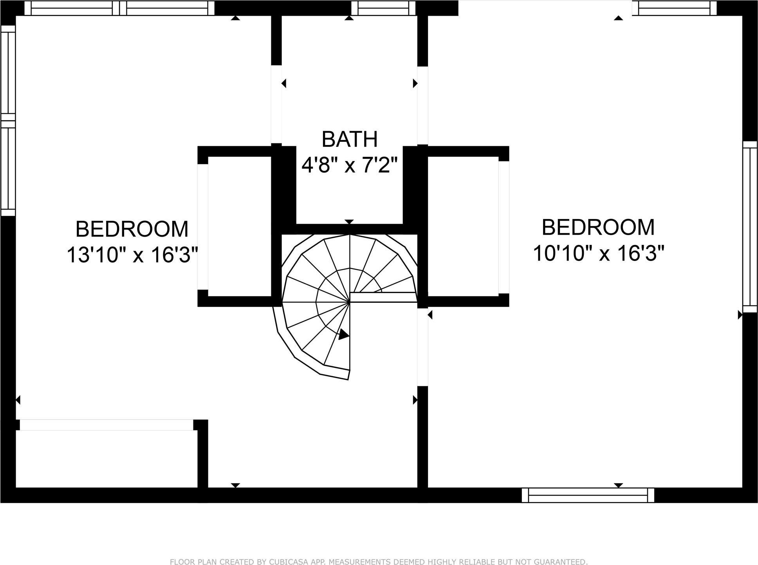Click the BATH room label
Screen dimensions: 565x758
349,139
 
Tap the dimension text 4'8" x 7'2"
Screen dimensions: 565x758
349,165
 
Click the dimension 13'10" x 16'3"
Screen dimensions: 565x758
132,255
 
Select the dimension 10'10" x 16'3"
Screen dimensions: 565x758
599,253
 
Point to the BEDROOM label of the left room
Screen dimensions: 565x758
132,229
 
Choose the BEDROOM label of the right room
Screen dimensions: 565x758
598,227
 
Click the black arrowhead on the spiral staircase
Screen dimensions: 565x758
343,335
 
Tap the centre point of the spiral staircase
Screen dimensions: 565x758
349,302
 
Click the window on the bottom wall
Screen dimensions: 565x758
588,495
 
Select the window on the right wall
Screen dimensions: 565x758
750,227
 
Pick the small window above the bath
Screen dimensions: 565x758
383,8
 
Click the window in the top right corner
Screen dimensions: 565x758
674,8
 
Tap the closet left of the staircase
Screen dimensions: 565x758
239,226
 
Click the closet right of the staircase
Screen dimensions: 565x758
463,226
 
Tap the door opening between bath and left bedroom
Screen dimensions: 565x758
276,104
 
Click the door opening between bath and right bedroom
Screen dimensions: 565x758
422,105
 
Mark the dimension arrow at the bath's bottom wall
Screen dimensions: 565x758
349,222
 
